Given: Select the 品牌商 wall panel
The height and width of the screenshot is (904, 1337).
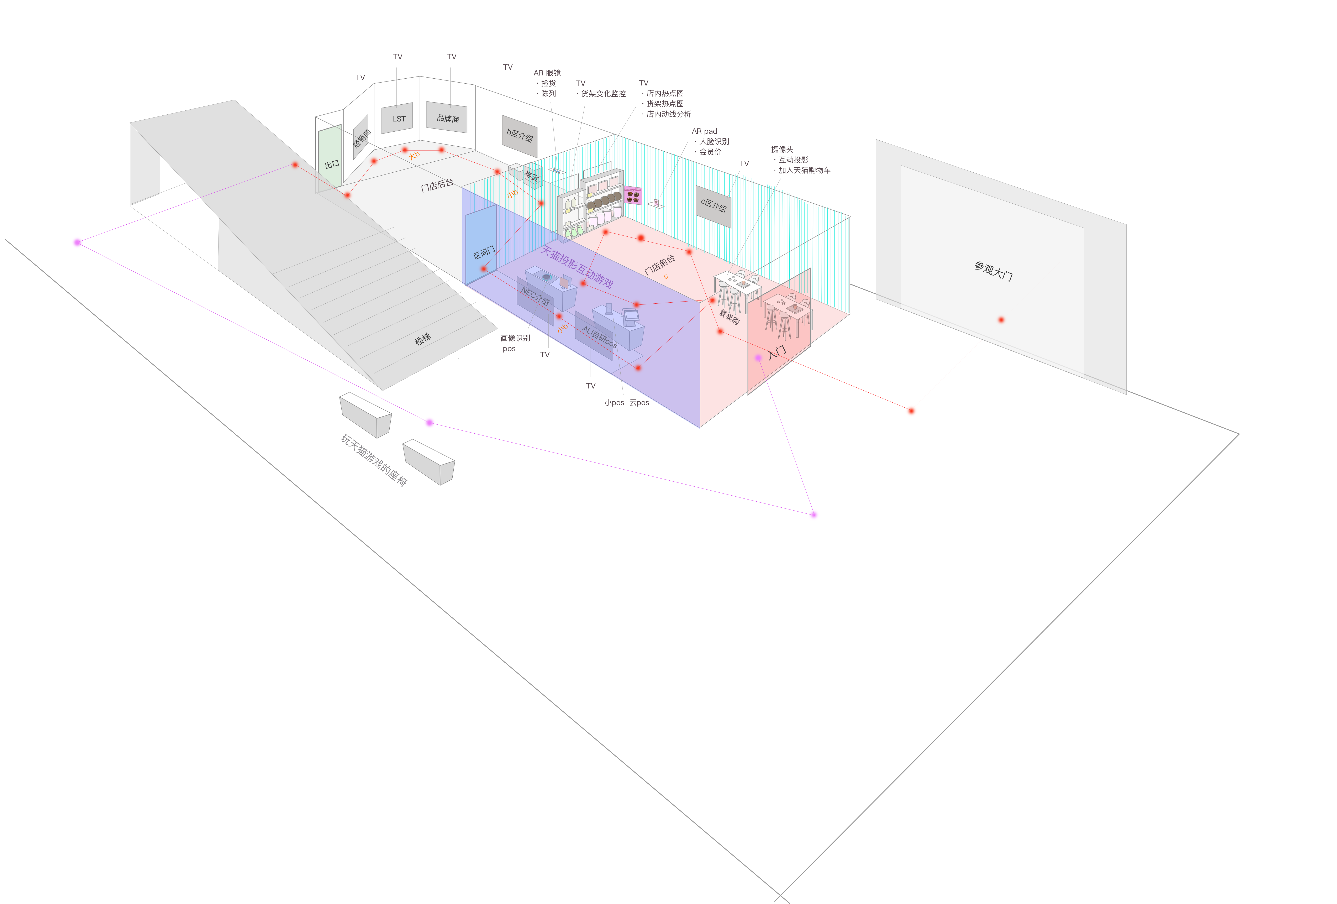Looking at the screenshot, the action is (447, 117).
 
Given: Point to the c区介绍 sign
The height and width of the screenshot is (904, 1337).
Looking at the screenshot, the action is (713, 205).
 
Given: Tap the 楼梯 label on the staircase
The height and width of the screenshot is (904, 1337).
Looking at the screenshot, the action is (423, 339).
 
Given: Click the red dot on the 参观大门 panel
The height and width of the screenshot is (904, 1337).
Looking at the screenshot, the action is (1001, 319).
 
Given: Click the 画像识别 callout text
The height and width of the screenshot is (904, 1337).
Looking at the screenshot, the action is (515, 338).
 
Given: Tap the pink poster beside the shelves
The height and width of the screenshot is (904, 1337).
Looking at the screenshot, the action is (633, 196).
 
